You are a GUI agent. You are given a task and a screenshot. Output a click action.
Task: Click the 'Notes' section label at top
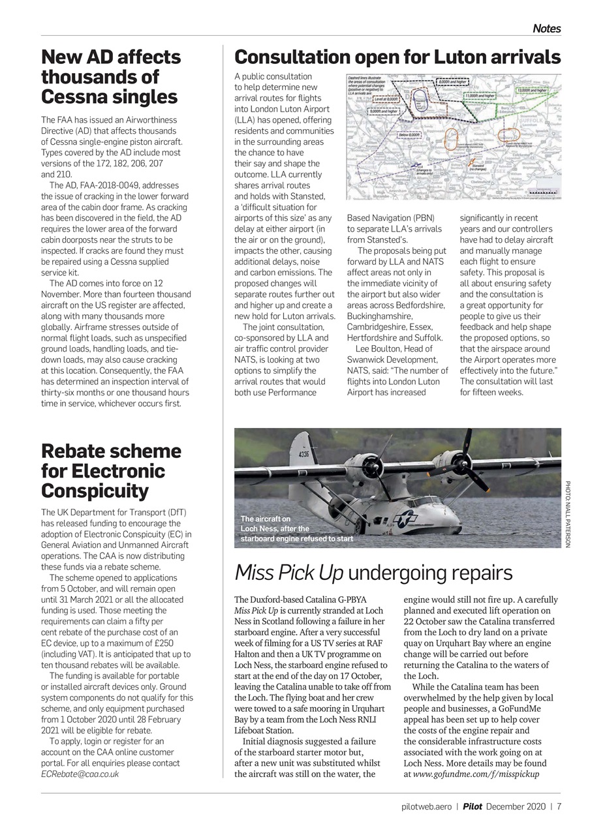[x=546, y=28]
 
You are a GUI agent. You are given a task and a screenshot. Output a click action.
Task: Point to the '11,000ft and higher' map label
[x=480, y=96]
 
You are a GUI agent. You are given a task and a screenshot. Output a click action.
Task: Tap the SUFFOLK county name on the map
[x=538, y=121]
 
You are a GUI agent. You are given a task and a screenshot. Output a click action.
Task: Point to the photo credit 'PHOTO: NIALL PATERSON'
[x=568, y=514]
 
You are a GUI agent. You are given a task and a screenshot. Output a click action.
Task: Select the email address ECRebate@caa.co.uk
[x=80, y=774]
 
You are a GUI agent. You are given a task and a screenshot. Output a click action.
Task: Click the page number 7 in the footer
[x=559, y=806]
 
